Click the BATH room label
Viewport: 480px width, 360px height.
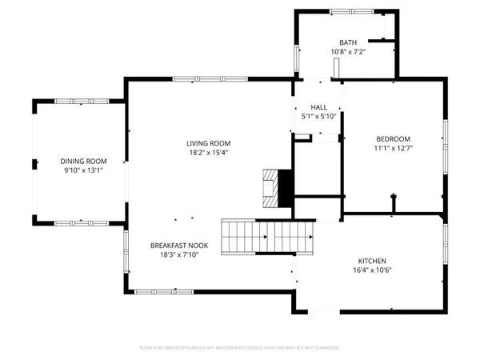(x=348, y=42)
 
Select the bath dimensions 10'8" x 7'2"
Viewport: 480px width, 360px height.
(x=348, y=52)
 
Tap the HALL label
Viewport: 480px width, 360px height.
(x=319, y=107)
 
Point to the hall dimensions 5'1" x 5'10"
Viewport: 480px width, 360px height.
(x=319, y=117)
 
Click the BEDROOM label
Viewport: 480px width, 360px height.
(x=393, y=138)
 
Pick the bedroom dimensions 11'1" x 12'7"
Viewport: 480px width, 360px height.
(x=393, y=148)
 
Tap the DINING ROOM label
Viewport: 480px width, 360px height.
(x=83, y=161)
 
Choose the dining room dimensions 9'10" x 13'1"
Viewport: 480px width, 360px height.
(x=83, y=170)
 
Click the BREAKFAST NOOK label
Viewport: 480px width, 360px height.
(x=179, y=246)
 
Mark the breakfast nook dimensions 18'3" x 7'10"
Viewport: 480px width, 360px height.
(x=179, y=255)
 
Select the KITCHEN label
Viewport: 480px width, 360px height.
(x=372, y=261)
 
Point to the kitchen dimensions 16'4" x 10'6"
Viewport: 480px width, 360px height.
(x=372, y=270)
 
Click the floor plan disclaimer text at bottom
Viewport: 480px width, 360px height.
(x=240, y=348)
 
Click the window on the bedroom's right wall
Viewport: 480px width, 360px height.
(x=445, y=138)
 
